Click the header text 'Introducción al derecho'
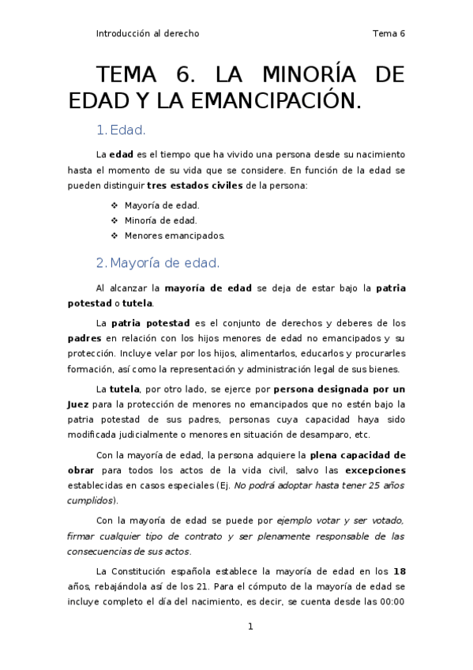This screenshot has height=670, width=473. (x=147, y=34)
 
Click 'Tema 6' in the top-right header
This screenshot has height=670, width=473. (x=388, y=34)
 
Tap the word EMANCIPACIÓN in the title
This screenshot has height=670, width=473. (x=287, y=101)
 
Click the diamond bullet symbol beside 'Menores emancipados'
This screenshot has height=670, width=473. (x=114, y=235)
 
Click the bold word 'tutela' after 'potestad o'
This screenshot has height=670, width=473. (x=138, y=303)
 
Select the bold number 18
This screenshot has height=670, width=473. (x=399, y=570)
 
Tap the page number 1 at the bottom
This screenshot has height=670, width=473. (x=250, y=627)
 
